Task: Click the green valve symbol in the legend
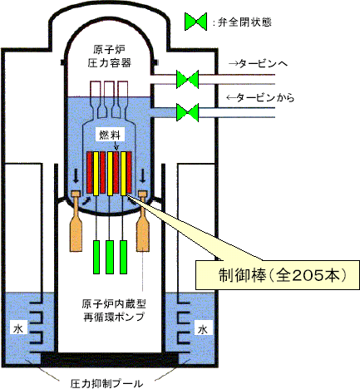click(196, 22)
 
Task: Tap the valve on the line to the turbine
click(188, 79)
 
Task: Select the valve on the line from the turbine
click(188, 112)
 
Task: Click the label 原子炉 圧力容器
click(109, 57)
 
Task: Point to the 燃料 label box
click(110, 135)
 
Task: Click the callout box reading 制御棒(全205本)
click(278, 275)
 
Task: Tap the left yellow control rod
click(96, 174)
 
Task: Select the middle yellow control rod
click(110, 174)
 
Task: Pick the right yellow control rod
click(123, 174)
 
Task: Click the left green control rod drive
click(96, 257)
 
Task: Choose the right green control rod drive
click(124, 257)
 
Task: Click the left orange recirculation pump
click(76, 221)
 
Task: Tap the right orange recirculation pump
click(143, 221)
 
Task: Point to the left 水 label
click(18, 328)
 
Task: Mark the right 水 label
click(202, 330)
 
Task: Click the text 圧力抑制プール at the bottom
click(106, 383)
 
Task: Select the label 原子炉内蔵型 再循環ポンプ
click(114, 310)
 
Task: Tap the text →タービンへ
click(258, 64)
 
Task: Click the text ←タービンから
click(260, 97)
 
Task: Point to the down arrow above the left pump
click(76, 176)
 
